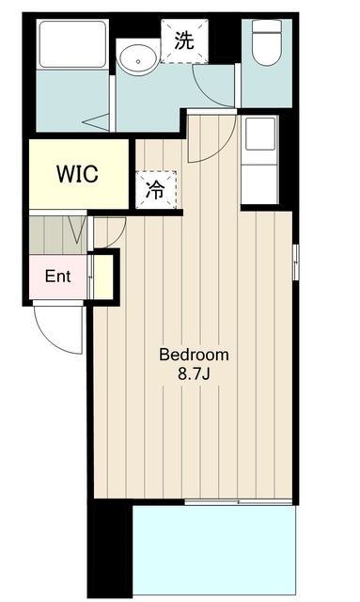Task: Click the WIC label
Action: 77,174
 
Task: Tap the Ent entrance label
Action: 57,276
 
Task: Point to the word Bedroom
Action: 194,355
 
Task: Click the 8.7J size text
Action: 194,374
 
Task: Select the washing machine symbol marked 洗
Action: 184,41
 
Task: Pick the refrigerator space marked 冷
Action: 156,190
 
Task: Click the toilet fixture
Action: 266,42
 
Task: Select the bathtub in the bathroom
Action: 73,44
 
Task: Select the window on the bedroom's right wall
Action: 296,261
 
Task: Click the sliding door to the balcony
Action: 239,501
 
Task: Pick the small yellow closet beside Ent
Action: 102,277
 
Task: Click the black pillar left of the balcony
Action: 110,547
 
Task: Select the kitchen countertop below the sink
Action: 259,184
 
